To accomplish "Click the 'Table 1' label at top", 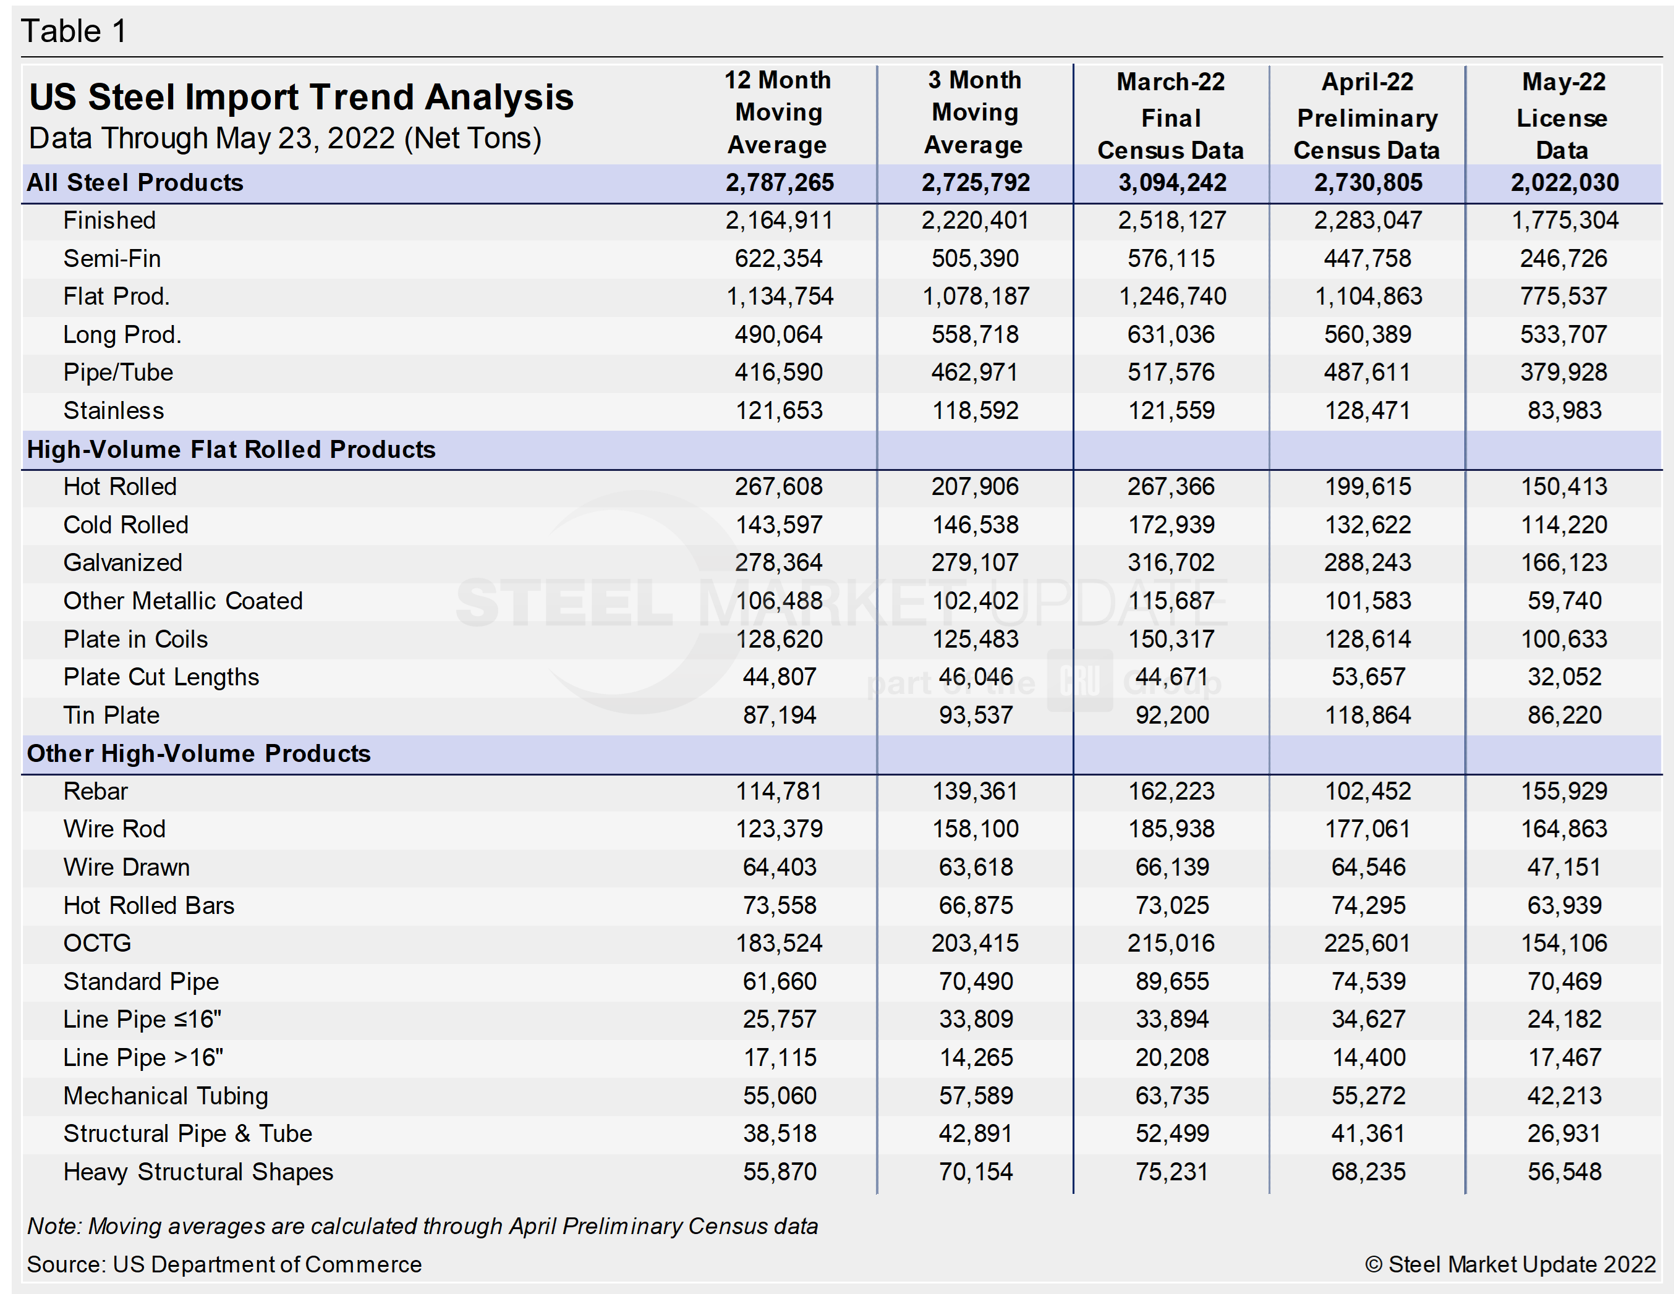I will pos(74,32).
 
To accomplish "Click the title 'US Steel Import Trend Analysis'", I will pos(300,97).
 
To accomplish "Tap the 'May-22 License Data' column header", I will pos(1563,116).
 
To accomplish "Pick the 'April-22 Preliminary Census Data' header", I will pos(1367,116).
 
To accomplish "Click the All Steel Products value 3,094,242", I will pos(1171,182).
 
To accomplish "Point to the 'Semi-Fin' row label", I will pos(112,258).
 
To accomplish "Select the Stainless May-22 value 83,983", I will pos(1563,411).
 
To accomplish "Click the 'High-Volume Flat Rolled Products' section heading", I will pos(231,449).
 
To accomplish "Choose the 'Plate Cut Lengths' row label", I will pos(161,677).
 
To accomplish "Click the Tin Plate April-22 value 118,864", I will pos(1367,715).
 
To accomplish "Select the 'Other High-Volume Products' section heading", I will pos(198,753).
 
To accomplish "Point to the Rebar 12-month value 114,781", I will pos(778,790).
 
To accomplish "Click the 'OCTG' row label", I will pos(97,942).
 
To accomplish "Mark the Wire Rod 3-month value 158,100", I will pos(974,829).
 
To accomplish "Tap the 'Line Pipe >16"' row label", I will pos(143,1057).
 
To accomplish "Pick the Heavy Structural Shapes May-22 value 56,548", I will pos(1563,1172).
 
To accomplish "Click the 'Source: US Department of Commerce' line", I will pos(224,1264).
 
